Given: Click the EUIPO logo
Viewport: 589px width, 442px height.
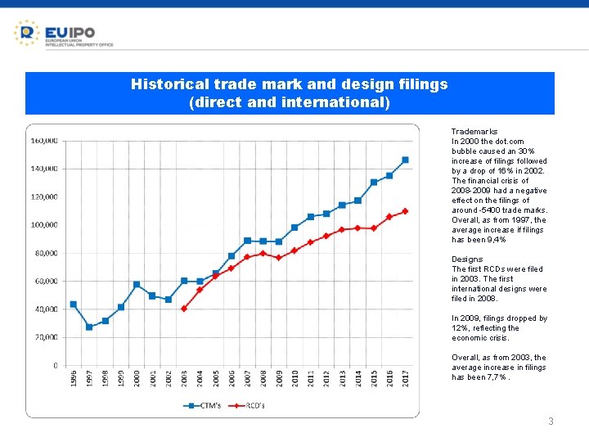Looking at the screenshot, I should coord(63,33).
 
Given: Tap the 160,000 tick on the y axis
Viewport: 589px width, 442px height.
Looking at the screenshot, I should coord(44,141).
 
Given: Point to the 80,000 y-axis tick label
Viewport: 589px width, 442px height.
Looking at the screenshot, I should coord(46,253).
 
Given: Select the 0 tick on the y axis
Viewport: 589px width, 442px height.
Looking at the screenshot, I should coord(55,365).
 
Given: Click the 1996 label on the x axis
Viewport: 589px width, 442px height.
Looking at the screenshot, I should coord(74,380).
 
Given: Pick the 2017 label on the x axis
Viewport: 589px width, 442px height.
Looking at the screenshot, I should coord(406,380).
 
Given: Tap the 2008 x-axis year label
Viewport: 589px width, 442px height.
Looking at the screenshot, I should coord(263,380).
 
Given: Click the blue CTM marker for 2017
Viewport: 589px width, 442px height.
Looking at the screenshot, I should coord(405,160).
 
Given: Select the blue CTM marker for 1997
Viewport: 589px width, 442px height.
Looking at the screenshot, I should coord(89,327).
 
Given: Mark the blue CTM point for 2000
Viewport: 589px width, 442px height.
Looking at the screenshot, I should coord(137,284).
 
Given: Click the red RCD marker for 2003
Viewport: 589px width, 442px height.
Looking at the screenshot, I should coord(184,309).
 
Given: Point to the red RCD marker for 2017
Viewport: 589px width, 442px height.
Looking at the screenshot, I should coord(405,211).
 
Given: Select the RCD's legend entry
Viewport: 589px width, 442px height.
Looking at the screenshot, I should coord(250,404).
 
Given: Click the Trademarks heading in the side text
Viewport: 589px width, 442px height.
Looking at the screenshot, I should coord(474,132).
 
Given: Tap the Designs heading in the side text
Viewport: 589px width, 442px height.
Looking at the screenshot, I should coord(467,259).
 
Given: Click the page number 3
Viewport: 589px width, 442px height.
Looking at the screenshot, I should coord(551,422).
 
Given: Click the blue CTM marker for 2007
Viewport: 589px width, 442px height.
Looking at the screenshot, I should coord(247,241).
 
